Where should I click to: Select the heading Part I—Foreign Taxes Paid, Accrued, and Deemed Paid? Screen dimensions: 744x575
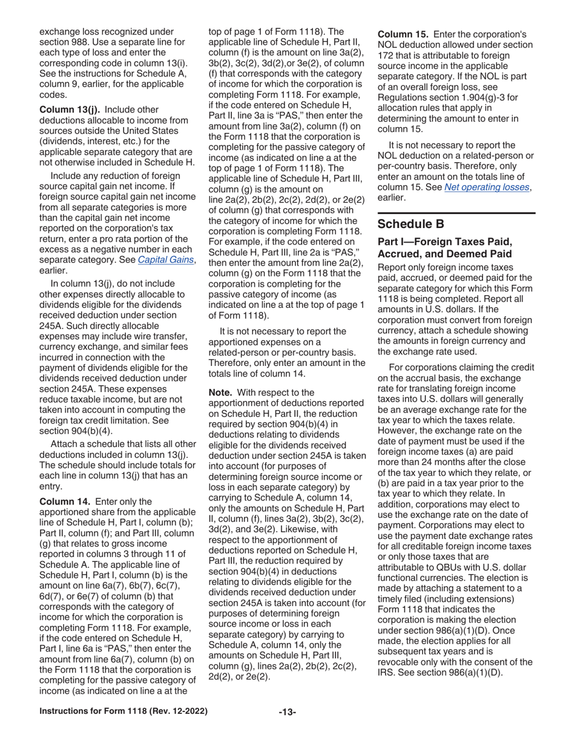click(x=445, y=247)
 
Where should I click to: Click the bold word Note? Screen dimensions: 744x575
click(x=222, y=393)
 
